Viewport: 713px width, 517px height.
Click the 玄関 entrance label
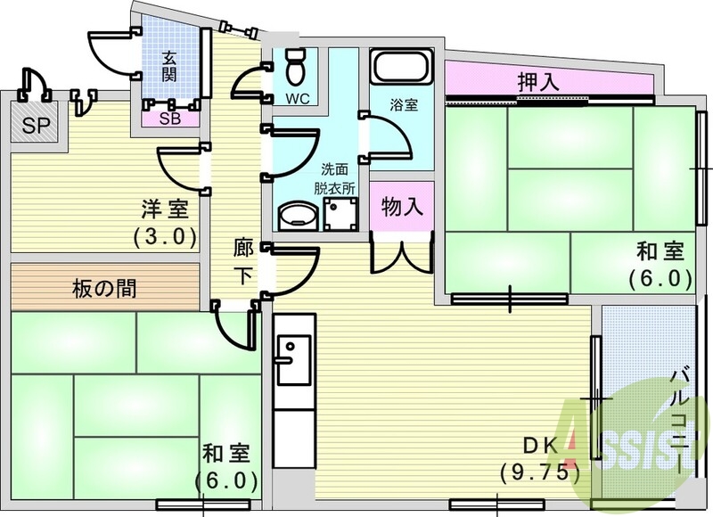click(168, 66)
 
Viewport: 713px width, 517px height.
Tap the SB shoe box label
click(168, 118)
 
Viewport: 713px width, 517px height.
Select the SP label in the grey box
click(35, 124)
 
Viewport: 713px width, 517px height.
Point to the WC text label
click(298, 99)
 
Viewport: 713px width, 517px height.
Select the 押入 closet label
click(537, 80)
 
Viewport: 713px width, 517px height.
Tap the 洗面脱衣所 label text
click(334, 178)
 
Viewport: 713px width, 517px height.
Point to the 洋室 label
click(165, 211)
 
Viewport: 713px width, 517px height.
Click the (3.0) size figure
click(165, 237)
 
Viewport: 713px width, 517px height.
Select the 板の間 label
click(104, 289)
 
